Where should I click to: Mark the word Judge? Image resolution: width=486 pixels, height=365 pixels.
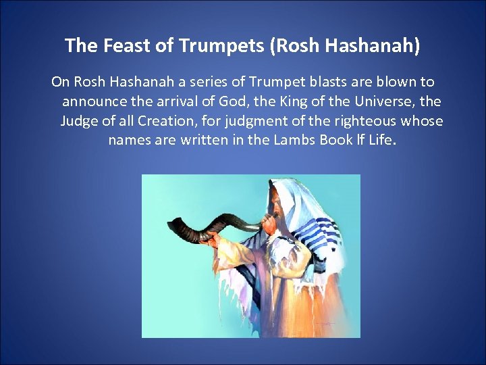(x=78, y=121)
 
